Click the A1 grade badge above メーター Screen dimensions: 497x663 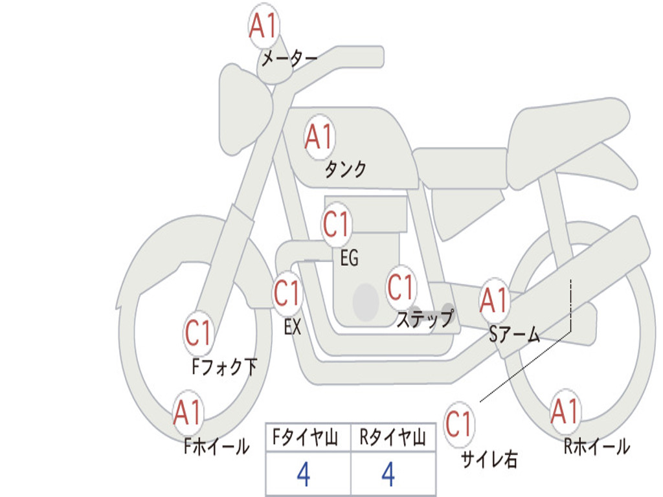(264, 27)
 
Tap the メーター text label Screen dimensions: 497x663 (289, 60)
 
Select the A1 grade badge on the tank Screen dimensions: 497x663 (319, 137)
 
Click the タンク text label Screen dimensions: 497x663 (345, 170)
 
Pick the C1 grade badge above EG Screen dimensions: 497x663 (337, 225)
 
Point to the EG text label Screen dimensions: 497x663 (349, 258)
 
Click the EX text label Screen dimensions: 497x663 (293, 327)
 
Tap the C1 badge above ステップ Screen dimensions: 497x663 (401, 287)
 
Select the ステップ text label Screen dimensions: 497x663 (424, 319)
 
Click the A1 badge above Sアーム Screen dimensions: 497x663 (494, 300)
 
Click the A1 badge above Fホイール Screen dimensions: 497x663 (188, 413)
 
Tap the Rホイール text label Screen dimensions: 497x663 (596, 447)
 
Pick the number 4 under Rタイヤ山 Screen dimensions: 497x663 (388, 475)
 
